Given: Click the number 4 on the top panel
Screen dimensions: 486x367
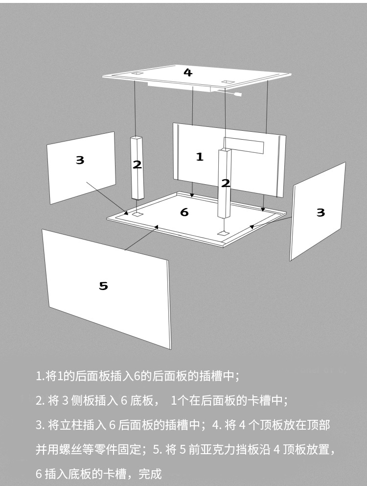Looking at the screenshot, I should coord(188,73).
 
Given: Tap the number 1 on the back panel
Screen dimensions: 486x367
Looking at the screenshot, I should coord(199,157).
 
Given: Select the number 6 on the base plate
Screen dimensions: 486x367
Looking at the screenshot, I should coord(184,212).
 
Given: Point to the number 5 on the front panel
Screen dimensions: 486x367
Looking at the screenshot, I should coord(103,286).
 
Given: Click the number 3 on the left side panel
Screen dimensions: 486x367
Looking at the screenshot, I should coord(80,160).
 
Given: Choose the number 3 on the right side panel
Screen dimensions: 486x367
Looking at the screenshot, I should coord(321,212).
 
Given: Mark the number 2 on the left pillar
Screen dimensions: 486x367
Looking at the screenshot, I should coord(137,165).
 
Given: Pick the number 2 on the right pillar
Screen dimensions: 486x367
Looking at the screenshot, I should coord(226,183).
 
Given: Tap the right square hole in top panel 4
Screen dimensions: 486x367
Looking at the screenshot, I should coord(226,81).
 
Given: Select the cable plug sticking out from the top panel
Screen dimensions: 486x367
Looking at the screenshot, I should coord(238,95).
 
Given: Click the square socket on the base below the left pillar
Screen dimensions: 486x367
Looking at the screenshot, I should coord(138,214).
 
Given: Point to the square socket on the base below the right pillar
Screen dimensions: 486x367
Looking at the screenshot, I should coord(224,233).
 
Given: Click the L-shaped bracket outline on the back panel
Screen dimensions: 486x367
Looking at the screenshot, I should coord(245,145).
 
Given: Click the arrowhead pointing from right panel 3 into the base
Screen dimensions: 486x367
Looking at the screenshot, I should coord(252,227).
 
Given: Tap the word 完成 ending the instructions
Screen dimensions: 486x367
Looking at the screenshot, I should coord(150,474).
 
